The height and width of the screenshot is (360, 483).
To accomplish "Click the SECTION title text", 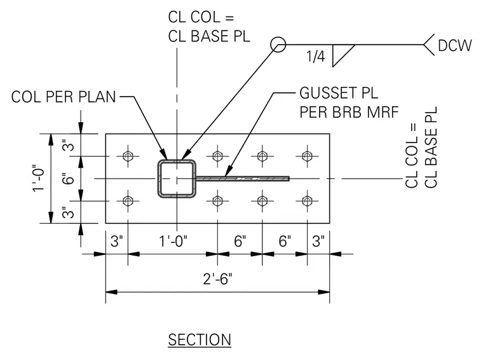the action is coord(200,340).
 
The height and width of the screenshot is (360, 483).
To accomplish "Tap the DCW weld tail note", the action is coord(454,45).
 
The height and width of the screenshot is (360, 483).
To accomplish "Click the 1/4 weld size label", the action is coord(315,57).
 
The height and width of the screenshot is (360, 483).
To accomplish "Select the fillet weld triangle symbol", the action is coord(343,55).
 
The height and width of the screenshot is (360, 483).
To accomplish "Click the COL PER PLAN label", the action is coord(64,97).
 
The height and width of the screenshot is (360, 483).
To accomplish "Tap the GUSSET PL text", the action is coord(339,93).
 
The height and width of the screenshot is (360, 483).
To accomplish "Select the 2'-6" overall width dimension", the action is coord(217,279).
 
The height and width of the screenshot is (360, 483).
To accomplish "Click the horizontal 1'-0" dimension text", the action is coord(173,241).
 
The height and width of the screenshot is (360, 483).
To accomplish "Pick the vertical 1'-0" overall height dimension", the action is coord(39,178).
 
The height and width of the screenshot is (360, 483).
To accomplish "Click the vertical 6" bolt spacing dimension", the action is coord(68,179).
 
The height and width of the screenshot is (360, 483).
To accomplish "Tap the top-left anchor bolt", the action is coord(128,156).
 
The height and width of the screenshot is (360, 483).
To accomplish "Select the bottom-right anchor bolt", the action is coord(307,201).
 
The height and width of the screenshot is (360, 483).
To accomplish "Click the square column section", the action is coord(159,179).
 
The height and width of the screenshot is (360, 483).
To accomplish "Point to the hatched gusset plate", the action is coord(243,179).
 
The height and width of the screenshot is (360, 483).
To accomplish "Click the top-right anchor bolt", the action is coord(307,156).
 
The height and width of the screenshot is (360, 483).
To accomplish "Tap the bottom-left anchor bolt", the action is coord(128,201).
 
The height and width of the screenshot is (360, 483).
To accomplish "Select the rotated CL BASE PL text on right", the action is coord(431,148).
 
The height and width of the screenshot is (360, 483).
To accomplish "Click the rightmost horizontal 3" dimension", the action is coord(318,241).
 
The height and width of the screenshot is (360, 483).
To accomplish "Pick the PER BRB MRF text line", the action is coord(349,112).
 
